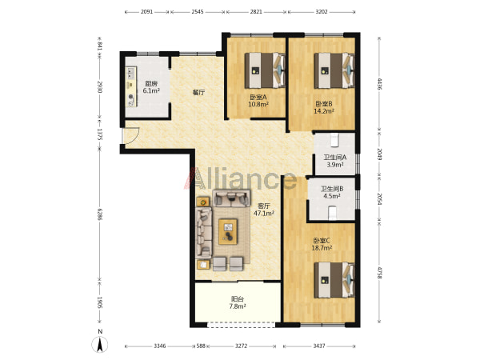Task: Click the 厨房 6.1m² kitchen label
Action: [x=151, y=87]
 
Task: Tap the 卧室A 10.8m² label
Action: [x=258, y=101]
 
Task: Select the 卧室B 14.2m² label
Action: [x=324, y=107]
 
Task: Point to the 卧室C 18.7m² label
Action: [x=322, y=244]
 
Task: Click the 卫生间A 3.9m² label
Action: [x=335, y=161]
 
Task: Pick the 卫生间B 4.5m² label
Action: [x=332, y=193]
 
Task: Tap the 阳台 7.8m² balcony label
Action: [x=238, y=302]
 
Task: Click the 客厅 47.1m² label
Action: [x=263, y=210]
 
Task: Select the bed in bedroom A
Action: [x=265, y=70]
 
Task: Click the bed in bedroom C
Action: [x=334, y=280]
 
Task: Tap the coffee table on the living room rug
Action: [x=228, y=231]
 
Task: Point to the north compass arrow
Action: [x=100, y=345]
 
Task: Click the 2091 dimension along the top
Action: [x=146, y=12]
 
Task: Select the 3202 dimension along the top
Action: [x=322, y=12]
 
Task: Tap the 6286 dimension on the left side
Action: [x=100, y=214]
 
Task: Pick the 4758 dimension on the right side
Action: [x=379, y=273]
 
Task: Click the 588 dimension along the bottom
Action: [x=201, y=346]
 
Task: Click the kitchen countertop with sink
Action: [x=132, y=86]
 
